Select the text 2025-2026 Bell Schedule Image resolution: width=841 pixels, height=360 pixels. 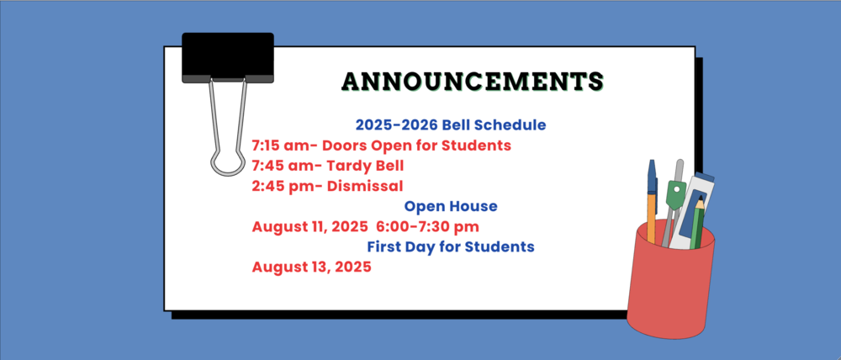point(451,124)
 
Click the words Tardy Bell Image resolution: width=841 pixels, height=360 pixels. point(360,165)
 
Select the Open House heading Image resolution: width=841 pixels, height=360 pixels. point(451,206)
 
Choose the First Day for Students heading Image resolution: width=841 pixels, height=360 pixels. point(451,247)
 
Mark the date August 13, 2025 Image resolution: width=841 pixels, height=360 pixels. point(311,267)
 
